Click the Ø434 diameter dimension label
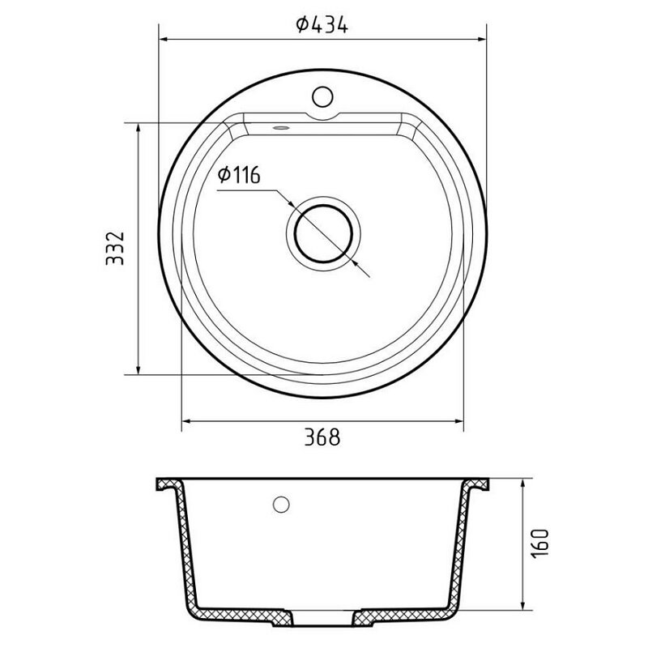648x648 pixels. (x=322, y=24)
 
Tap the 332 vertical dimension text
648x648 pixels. (x=115, y=249)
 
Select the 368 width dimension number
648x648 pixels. (x=322, y=437)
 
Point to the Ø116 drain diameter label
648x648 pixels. (x=239, y=175)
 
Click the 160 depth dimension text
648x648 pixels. (x=539, y=544)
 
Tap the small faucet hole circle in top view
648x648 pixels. (x=322, y=96)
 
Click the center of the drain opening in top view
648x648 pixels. (x=323, y=234)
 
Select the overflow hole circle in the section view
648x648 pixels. (x=281, y=504)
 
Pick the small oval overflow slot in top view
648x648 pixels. (x=281, y=128)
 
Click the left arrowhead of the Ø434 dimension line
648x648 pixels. (x=164, y=39)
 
